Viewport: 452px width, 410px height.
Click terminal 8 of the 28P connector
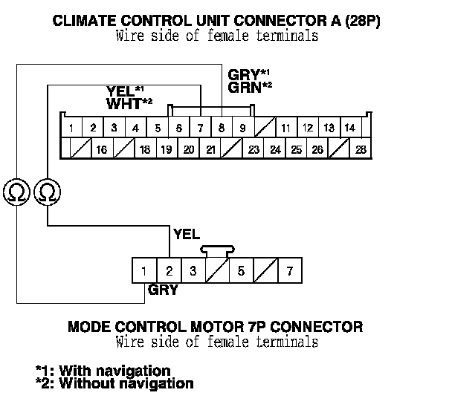click(222, 128)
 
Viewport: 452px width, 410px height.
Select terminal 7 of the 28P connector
click(200, 128)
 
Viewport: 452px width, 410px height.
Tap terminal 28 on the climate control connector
click(361, 149)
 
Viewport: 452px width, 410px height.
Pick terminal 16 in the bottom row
click(102, 149)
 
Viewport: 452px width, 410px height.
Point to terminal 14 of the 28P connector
click(350, 128)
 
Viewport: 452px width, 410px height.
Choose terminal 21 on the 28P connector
click(210, 149)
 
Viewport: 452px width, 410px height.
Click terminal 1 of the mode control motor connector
click(143, 271)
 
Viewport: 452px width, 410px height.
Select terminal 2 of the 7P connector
click(169, 271)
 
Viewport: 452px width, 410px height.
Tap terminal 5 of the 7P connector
click(241, 271)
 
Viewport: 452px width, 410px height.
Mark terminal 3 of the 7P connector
click(193, 271)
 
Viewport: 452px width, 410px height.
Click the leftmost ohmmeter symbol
click(16, 192)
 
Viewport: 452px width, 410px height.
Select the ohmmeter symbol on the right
click(48, 192)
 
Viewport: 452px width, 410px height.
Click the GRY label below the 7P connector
click(163, 290)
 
